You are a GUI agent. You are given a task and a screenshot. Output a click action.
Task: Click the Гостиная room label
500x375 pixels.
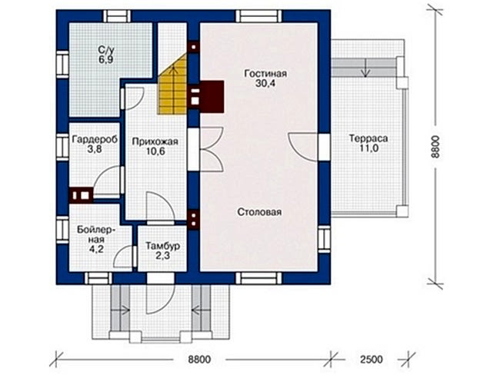265,74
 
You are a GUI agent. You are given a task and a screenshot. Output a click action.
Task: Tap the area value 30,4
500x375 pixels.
265,84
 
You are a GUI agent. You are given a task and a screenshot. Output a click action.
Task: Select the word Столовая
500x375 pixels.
259,212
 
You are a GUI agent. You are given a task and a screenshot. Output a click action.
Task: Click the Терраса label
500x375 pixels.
368,138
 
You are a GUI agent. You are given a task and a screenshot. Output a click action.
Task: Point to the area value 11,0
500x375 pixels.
368,148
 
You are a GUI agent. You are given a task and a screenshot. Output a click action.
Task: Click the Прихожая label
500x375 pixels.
155,141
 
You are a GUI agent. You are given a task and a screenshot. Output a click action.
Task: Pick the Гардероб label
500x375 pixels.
95,139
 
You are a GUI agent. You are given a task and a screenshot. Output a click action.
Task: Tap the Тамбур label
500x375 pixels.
162,246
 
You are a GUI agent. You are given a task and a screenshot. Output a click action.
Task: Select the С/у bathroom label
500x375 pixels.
106,50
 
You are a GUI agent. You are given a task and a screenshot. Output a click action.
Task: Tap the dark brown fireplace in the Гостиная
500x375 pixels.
212,97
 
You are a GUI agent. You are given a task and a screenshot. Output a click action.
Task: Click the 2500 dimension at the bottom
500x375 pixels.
372,360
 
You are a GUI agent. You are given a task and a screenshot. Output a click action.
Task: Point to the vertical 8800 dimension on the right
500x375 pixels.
435,147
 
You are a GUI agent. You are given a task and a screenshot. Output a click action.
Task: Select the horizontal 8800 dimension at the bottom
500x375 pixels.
199,360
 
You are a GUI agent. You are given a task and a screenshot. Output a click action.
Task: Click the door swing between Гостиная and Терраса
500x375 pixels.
303,147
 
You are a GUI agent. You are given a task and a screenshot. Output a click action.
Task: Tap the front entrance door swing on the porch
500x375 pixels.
160,298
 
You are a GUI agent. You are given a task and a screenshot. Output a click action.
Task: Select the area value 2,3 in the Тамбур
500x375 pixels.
162,256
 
